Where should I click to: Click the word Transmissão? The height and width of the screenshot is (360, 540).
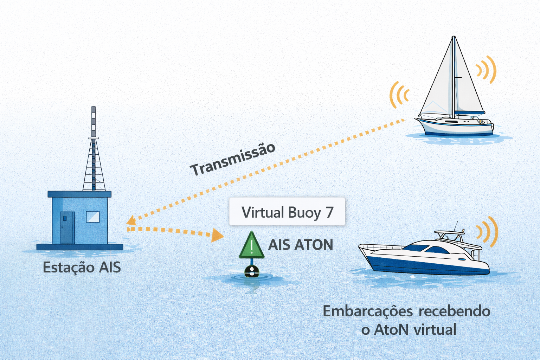tap(232, 160)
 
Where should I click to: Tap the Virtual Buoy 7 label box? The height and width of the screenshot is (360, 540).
tap(287, 212)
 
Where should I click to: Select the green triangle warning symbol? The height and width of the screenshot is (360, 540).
tap(251, 245)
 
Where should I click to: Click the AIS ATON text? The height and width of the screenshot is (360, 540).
tap(301, 245)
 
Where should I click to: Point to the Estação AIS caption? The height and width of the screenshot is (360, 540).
tap(82, 268)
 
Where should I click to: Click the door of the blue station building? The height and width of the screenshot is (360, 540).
tap(67, 227)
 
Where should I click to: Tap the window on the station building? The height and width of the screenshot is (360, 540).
tap(93, 217)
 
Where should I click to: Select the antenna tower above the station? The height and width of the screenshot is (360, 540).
tap(94, 151)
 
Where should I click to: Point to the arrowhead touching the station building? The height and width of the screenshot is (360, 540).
tap(131, 221)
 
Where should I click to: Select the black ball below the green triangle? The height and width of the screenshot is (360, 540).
tap(252, 271)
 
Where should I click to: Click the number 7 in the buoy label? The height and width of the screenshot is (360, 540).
tap(329, 212)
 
